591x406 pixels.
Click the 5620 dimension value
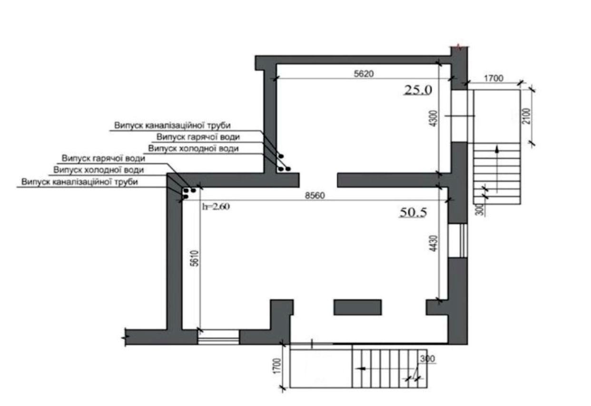coord(364,74)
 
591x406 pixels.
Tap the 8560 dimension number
coord(315,196)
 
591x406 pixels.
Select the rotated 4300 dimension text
coord(433,119)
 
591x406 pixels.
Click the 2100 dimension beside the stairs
coord(527,116)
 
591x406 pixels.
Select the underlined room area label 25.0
coord(418,90)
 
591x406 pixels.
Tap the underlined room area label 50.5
coord(413,212)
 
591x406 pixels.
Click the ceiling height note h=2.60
coord(216,207)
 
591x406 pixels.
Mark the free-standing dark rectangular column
coord(357,307)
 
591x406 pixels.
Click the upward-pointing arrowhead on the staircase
coord(497,149)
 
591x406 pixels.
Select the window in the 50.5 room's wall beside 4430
coord(458,240)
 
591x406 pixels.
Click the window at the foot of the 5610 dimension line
coord(218,337)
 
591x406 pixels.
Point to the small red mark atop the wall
coord(459,48)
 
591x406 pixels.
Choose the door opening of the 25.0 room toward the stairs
coord(459,116)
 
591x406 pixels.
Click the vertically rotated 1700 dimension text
coord(277,366)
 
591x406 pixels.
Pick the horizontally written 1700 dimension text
coord(493,79)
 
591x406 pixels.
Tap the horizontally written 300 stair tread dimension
coord(427,359)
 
